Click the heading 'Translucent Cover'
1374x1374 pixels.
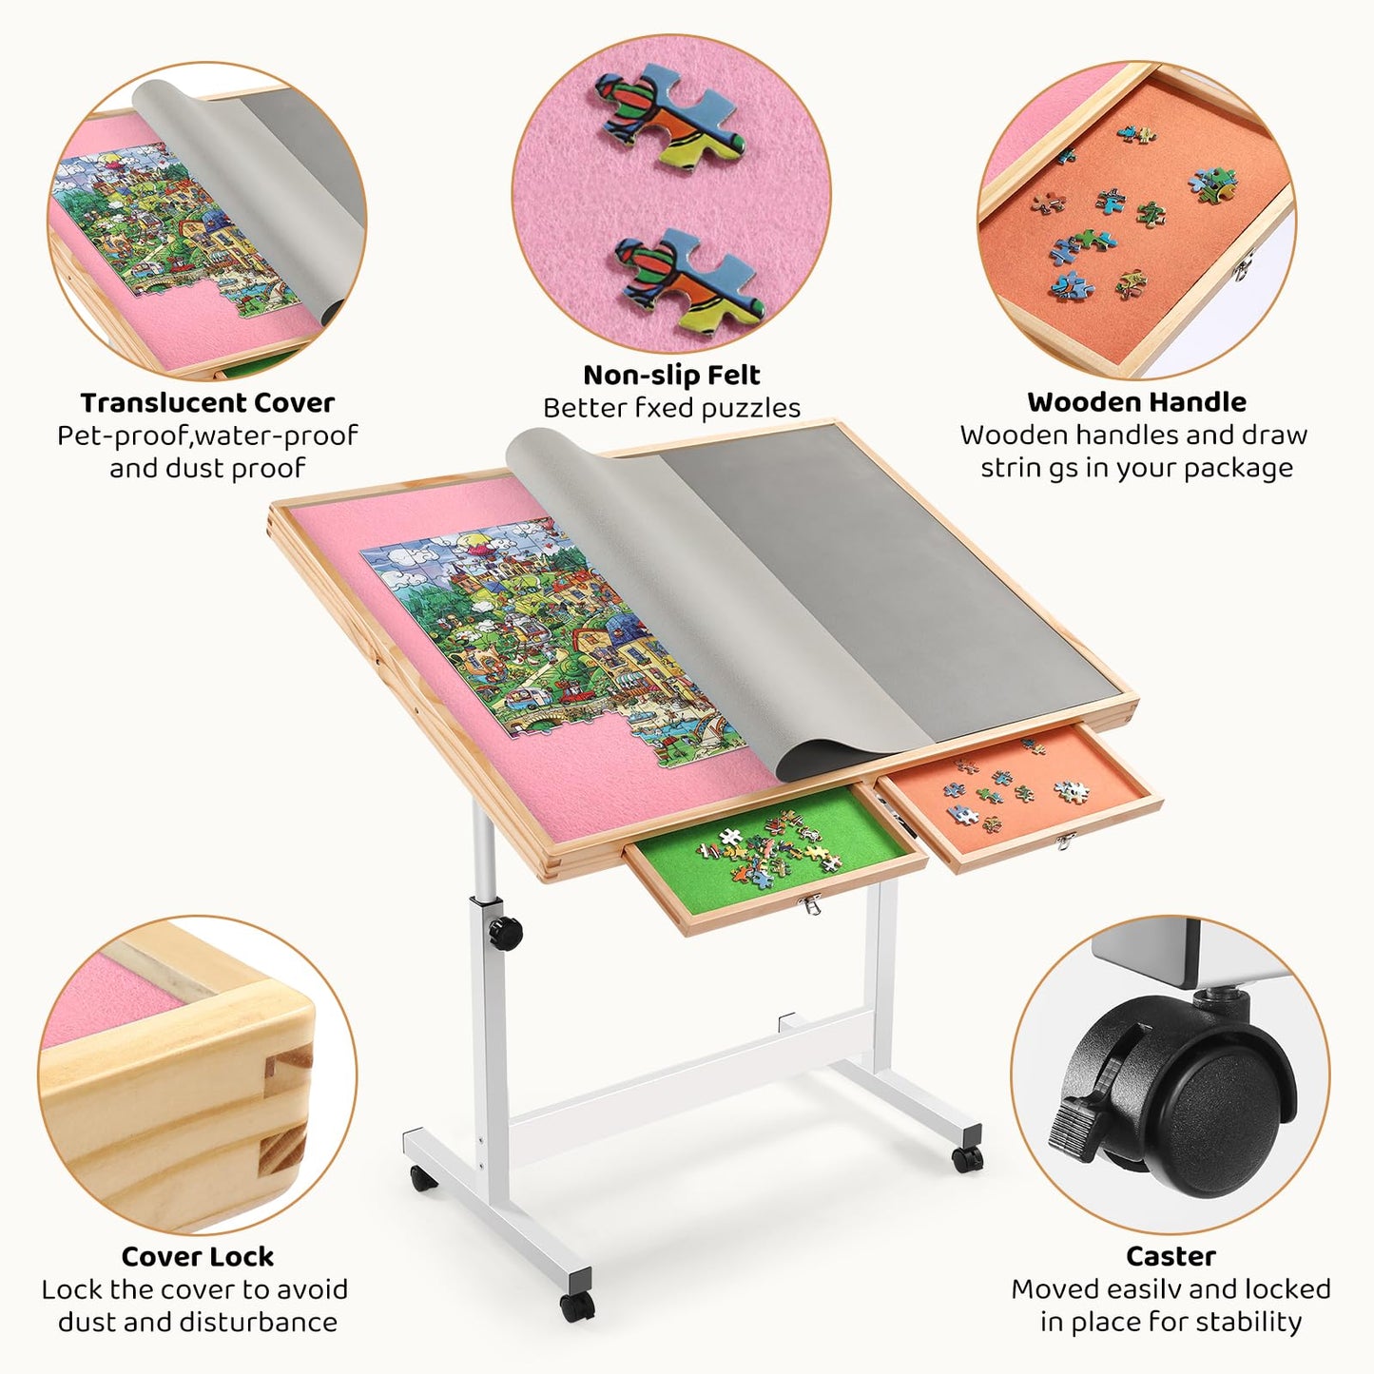pyautogui.click(x=207, y=403)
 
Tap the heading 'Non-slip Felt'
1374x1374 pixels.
pyautogui.click(x=671, y=375)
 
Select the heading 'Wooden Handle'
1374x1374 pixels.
pyautogui.click(x=1136, y=402)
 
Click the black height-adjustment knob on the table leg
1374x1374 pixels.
pyautogui.click(x=506, y=933)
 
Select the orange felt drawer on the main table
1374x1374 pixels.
pyautogui.click(x=1019, y=797)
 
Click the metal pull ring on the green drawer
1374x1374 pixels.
pyautogui.click(x=809, y=905)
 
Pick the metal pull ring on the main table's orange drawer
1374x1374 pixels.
pyautogui.click(x=1065, y=842)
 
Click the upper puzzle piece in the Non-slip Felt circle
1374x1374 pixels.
pyautogui.click(x=669, y=115)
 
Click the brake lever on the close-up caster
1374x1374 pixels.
pyautogui.click(x=1079, y=1126)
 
